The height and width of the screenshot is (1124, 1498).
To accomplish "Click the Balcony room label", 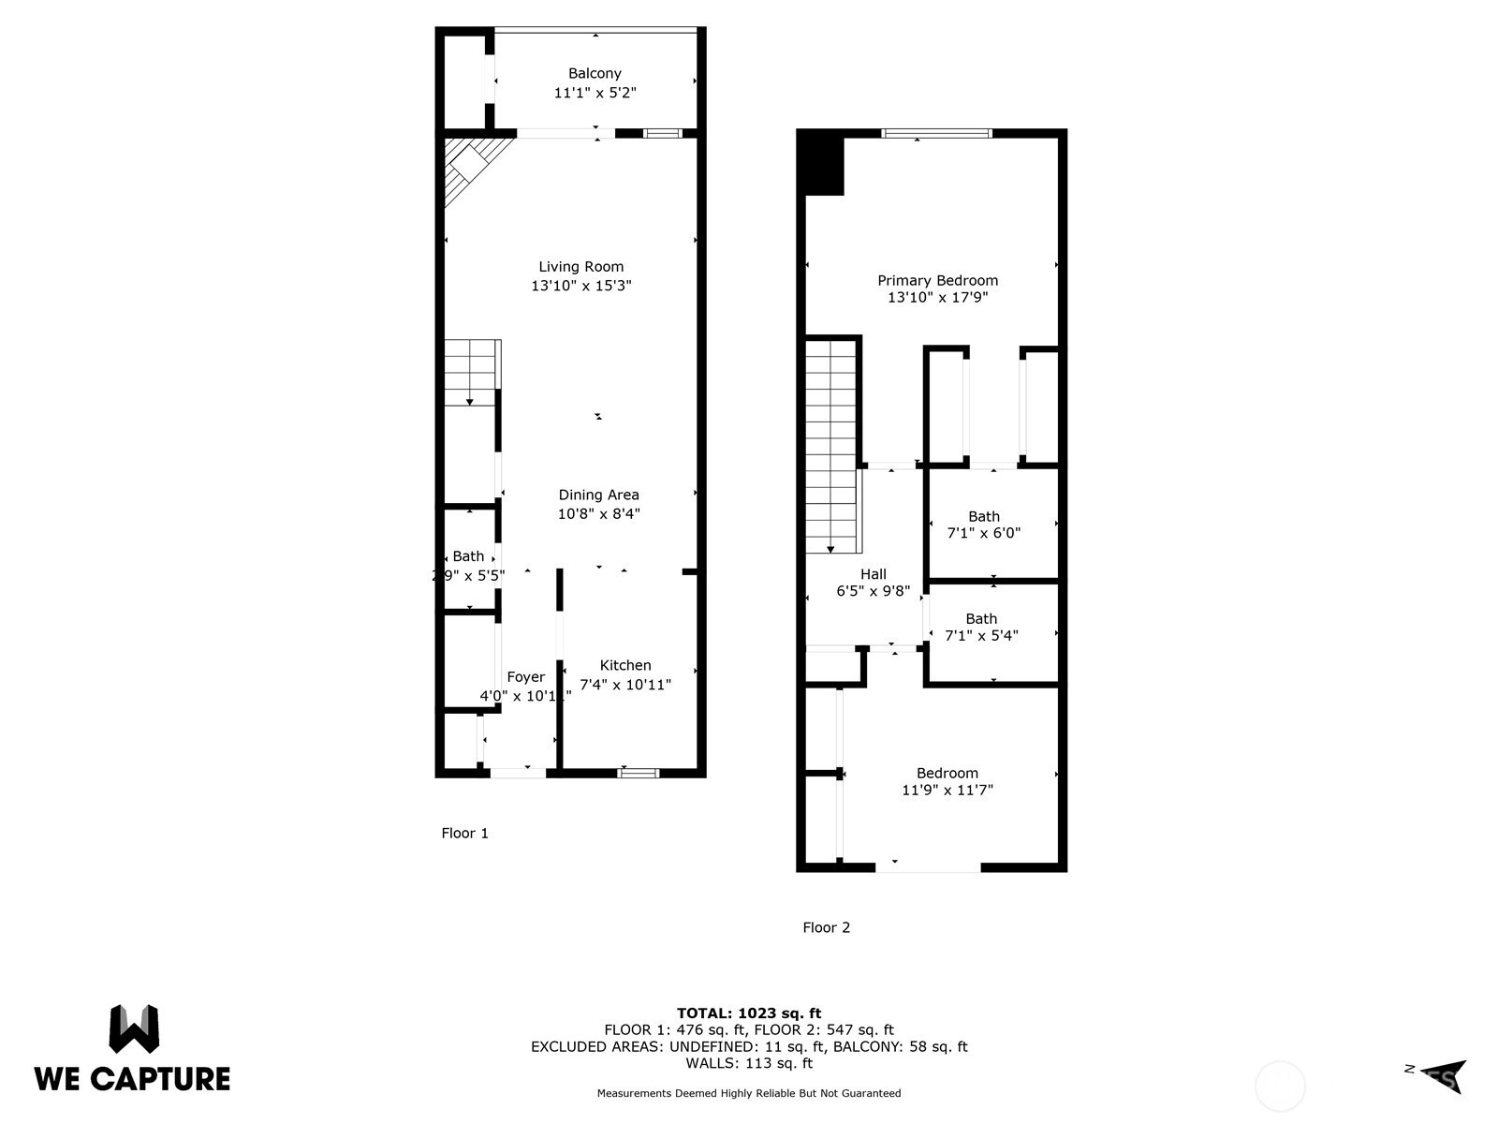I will tap(595, 73).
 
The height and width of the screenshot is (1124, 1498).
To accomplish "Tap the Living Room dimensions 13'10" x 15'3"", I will tap(581, 286).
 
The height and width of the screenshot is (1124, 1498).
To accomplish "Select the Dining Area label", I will tap(598, 495).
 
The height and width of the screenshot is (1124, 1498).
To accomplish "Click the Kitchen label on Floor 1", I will tap(625, 665).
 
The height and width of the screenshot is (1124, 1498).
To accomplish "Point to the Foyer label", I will tap(525, 677).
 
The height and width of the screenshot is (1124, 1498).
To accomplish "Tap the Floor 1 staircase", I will tap(471, 373).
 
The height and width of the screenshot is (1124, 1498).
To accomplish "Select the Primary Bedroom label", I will tap(937, 280).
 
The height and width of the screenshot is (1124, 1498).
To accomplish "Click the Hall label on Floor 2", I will tap(873, 574).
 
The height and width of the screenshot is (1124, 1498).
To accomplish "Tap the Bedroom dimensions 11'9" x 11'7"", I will tap(947, 791).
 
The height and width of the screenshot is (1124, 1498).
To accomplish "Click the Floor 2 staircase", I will tap(831, 446).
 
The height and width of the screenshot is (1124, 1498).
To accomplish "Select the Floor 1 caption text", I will tap(464, 833).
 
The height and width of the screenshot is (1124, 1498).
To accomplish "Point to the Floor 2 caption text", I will tap(826, 927).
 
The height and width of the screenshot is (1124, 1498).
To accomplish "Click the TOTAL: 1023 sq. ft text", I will tap(749, 1013).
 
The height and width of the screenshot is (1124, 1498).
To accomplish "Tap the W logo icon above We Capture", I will tap(134, 1028).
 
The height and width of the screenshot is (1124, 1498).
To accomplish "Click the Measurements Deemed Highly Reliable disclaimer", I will tap(749, 1093).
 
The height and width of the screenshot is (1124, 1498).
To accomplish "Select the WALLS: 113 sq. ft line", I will tap(749, 1063).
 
